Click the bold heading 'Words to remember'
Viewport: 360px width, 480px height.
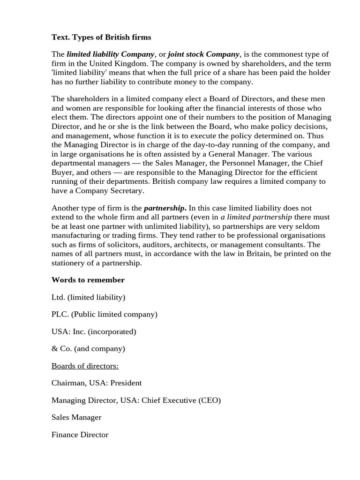click(x=88, y=280)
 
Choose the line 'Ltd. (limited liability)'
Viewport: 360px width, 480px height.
click(x=88, y=297)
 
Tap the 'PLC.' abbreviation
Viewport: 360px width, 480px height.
click(x=60, y=315)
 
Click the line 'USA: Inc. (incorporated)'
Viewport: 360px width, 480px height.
click(x=94, y=332)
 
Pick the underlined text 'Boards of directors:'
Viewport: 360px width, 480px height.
click(x=85, y=366)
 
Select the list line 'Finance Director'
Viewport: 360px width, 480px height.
click(x=80, y=435)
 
